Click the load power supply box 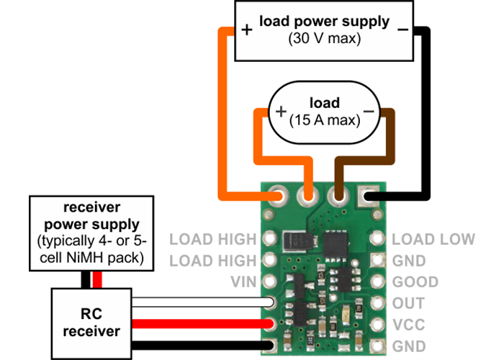click(324, 30)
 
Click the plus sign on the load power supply click(247, 30)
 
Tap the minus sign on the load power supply click(402, 30)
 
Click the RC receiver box click(91, 323)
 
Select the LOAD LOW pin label click(433, 238)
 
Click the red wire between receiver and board click(202, 323)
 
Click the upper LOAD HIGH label click(212, 238)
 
